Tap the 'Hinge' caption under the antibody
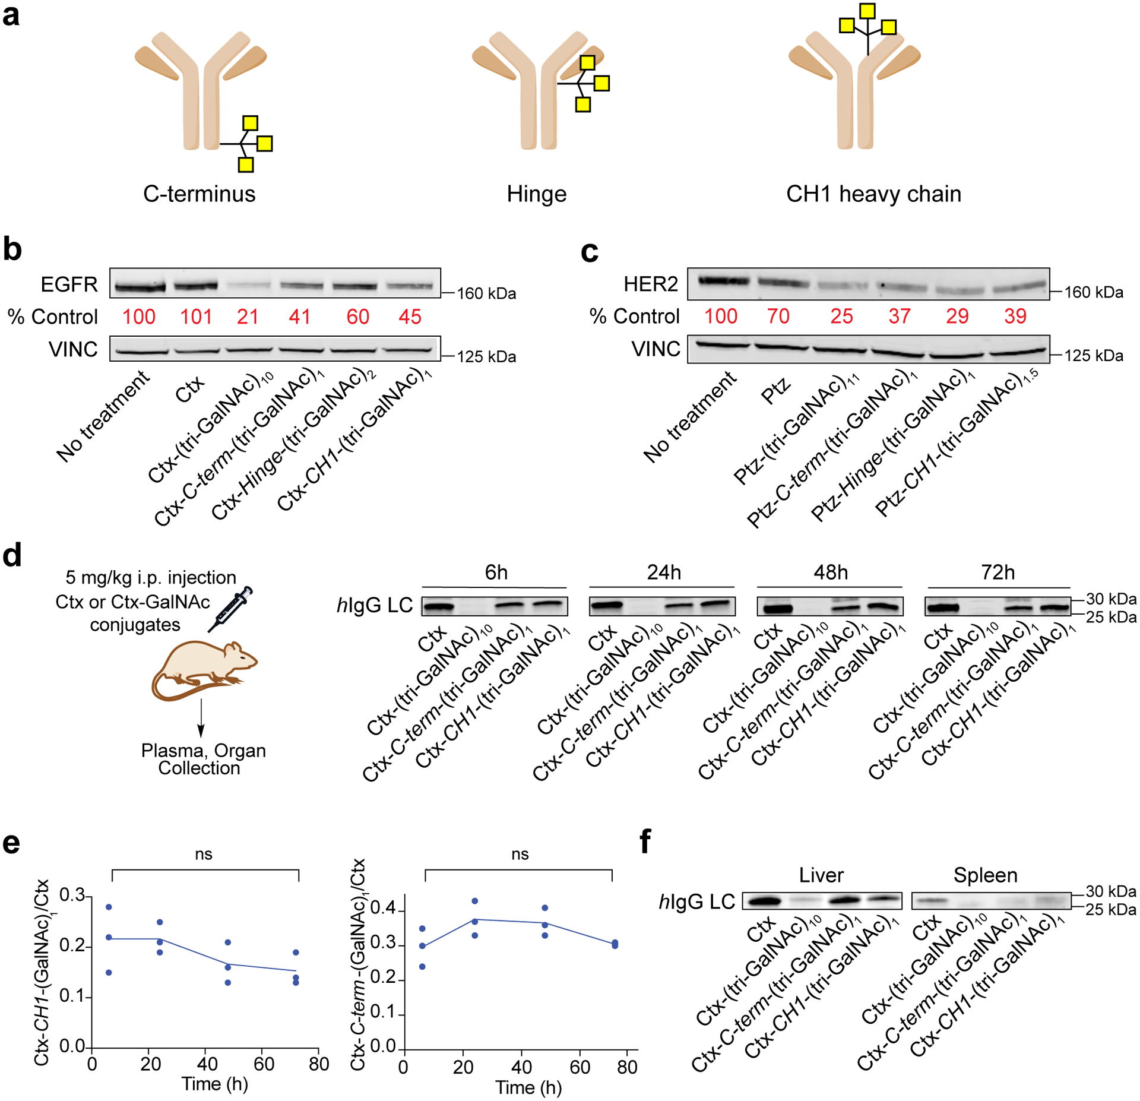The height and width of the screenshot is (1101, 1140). [x=536, y=194]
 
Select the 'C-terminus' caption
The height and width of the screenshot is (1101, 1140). [x=199, y=194]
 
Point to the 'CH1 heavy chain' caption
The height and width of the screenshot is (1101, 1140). [x=873, y=194]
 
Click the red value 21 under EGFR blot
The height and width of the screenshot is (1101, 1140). [x=247, y=317]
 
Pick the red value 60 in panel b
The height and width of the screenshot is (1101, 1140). [x=357, y=317]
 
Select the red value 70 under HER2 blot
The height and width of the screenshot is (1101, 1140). [x=778, y=316]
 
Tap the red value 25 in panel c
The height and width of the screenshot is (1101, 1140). [x=841, y=316]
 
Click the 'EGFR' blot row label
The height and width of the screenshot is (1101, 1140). [x=69, y=284]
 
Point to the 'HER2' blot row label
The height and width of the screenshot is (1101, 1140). [x=650, y=284]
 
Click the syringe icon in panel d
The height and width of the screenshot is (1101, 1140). [x=230, y=609]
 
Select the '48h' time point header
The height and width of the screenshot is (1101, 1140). [x=830, y=572]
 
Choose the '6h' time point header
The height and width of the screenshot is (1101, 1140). [x=496, y=572]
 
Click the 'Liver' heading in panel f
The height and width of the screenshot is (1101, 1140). [x=821, y=875]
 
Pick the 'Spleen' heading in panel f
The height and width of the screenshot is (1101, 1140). [x=985, y=875]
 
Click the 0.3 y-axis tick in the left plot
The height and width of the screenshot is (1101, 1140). [x=72, y=896]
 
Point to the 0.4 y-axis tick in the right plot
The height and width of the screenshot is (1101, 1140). [x=383, y=909]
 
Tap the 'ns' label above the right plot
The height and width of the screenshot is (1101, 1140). [x=520, y=854]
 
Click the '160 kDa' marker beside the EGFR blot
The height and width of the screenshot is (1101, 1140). [x=486, y=293]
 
